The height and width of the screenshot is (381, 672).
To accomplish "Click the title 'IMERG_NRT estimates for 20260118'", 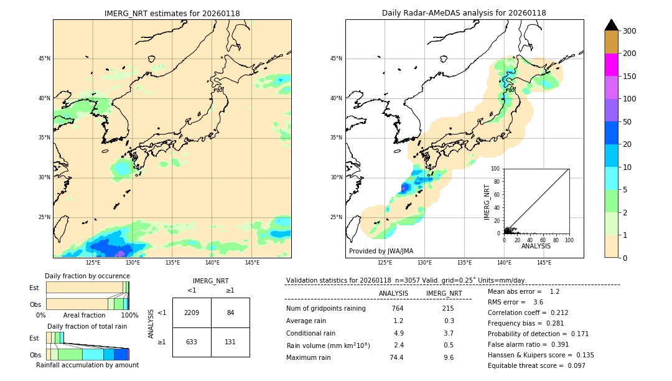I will pos(172,13).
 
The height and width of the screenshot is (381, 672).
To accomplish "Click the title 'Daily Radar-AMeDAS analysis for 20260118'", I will pos(464,13).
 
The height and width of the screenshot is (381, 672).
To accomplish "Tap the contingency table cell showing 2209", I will pos(192,313).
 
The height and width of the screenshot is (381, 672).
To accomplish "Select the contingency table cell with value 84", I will pos(230,313).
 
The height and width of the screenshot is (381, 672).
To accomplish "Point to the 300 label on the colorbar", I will pos(629,31).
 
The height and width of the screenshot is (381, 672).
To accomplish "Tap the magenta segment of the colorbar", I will pos(611,65).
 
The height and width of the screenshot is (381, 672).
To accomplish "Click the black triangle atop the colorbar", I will pos(611,25).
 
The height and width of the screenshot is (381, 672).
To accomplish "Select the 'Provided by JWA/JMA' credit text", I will pos(381,252).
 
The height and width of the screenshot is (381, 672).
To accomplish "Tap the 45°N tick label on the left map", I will pos(44,59).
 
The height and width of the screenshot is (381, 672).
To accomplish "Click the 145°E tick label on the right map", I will pos(544,263).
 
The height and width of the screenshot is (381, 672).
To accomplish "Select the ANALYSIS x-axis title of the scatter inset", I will pos(536,246).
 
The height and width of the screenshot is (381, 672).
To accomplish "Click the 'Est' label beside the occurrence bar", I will pos(34,288).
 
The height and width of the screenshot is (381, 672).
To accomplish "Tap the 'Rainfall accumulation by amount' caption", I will pos(87,365).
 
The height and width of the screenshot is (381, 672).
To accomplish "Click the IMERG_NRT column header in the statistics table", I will pos(444,293).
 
